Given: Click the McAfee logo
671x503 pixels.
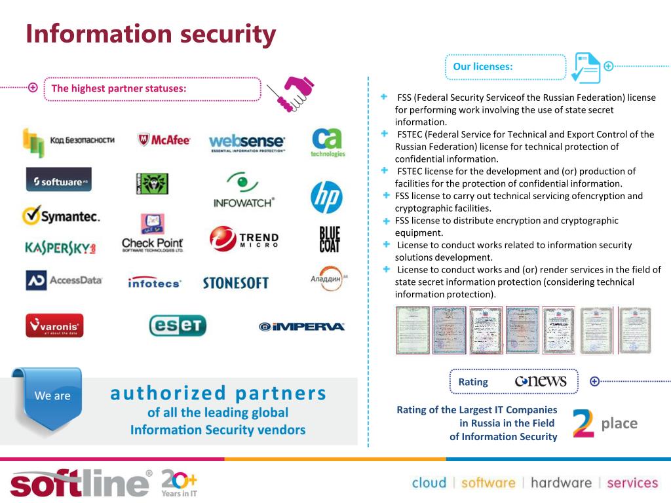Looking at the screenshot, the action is tap(164, 140).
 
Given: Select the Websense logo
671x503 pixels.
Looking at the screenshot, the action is tap(247, 142).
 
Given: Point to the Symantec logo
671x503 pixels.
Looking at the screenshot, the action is tap(60, 215).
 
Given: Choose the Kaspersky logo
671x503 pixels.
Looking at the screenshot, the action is tap(60, 248).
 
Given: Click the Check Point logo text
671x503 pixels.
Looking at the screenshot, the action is tap(153, 245).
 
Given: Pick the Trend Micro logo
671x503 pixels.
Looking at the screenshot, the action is tap(244, 240).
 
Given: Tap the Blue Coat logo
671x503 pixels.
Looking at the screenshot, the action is tap(330, 240).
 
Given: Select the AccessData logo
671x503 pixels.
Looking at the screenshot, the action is tap(64, 280).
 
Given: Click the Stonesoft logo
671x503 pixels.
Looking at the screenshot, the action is tap(235, 283).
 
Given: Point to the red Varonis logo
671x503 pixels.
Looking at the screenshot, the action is tap(54, 325).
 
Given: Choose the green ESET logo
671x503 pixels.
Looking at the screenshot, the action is tap(178, 325).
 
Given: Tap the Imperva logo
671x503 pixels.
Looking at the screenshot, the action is tap(301, 326).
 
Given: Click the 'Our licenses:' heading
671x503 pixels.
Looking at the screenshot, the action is tap(483, 66).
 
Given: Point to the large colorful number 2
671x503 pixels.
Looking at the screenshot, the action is tap(583, 423).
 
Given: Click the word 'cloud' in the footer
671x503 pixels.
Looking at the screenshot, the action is tap(429, 483).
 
